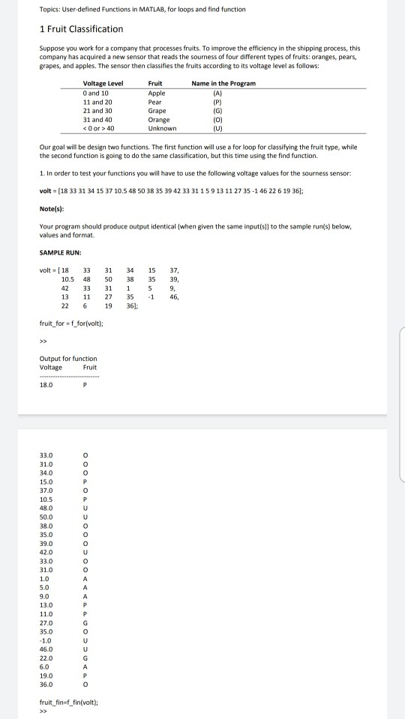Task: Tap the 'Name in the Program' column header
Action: pyautogui.click(x=223, y=83)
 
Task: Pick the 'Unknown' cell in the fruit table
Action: pyautogui.click(x=163, y=128)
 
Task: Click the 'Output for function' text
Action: pyautogui.click(x=67, y=359)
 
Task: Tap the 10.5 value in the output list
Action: pyautogui.click(x=46, y=498)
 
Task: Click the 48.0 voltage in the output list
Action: pyautogui.click(x=46, y=508)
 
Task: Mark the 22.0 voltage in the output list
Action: pyautogui.click(x=46, y=659)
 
